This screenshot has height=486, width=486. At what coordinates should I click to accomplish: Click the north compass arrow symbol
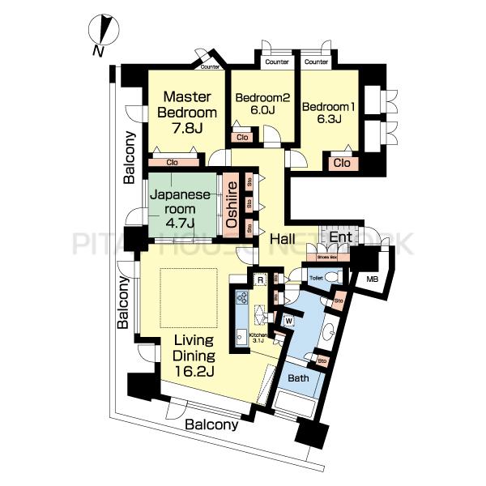point(103,33)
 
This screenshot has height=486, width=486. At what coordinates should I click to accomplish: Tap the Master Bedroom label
point(187,112)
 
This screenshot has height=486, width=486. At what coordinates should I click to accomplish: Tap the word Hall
point(282,239)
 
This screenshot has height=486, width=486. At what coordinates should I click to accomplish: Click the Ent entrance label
point(339,237)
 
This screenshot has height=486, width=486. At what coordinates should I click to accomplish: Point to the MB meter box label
point(372,279)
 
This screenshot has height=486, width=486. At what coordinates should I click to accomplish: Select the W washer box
point(288,320)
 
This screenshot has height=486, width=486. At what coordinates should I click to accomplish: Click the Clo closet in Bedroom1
point(342,163)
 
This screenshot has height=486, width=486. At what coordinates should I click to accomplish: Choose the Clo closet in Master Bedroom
point(172,162)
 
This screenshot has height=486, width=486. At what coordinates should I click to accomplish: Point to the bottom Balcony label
point(211,424)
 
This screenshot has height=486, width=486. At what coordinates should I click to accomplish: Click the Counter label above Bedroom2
point(276,62)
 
